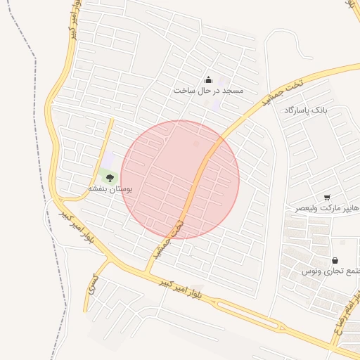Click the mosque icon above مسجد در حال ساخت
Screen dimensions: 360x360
(207, 80)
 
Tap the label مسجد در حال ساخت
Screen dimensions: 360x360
(208, 91)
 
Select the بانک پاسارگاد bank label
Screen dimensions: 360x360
(307, 111)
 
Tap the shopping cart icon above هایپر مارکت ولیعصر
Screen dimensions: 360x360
(327, 198)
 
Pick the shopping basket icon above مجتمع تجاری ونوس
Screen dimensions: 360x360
(334, 260)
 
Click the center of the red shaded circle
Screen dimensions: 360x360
(180, 180)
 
